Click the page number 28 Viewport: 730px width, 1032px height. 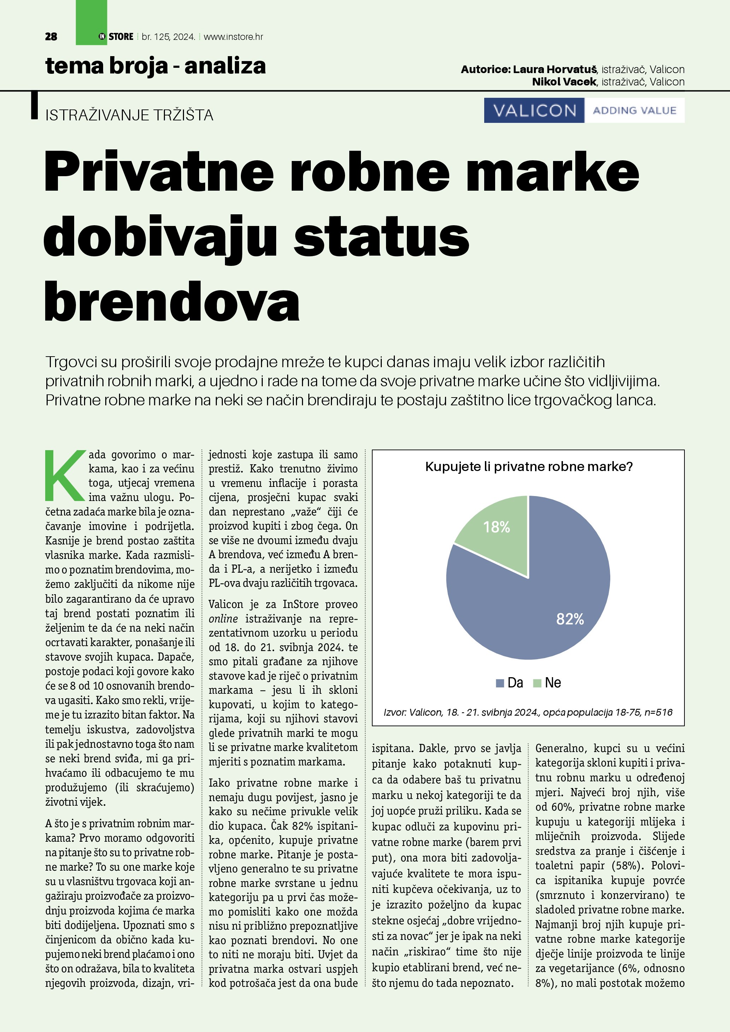[x=51, y=37]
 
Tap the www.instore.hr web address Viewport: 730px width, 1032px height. [x=233, y=37]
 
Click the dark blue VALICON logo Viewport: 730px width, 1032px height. [x=534, y=111]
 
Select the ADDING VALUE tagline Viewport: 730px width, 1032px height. [x=634, y=111]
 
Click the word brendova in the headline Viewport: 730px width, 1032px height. [x=172, y=301]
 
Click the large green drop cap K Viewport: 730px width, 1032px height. [x=66, y=476]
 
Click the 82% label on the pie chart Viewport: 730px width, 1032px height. [x=570, y=619]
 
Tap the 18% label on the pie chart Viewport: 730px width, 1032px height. [x=496, y=527]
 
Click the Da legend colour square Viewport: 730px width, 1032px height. [x=499, y=683]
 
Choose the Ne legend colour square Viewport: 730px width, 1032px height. [x=537, y=683]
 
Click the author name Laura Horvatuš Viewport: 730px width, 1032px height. [x=554, y=69]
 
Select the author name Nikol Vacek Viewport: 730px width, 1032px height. [x=564, y=82]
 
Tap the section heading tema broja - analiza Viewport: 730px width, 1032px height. [x=155, y=66]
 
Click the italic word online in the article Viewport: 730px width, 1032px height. [x=223, y=619]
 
